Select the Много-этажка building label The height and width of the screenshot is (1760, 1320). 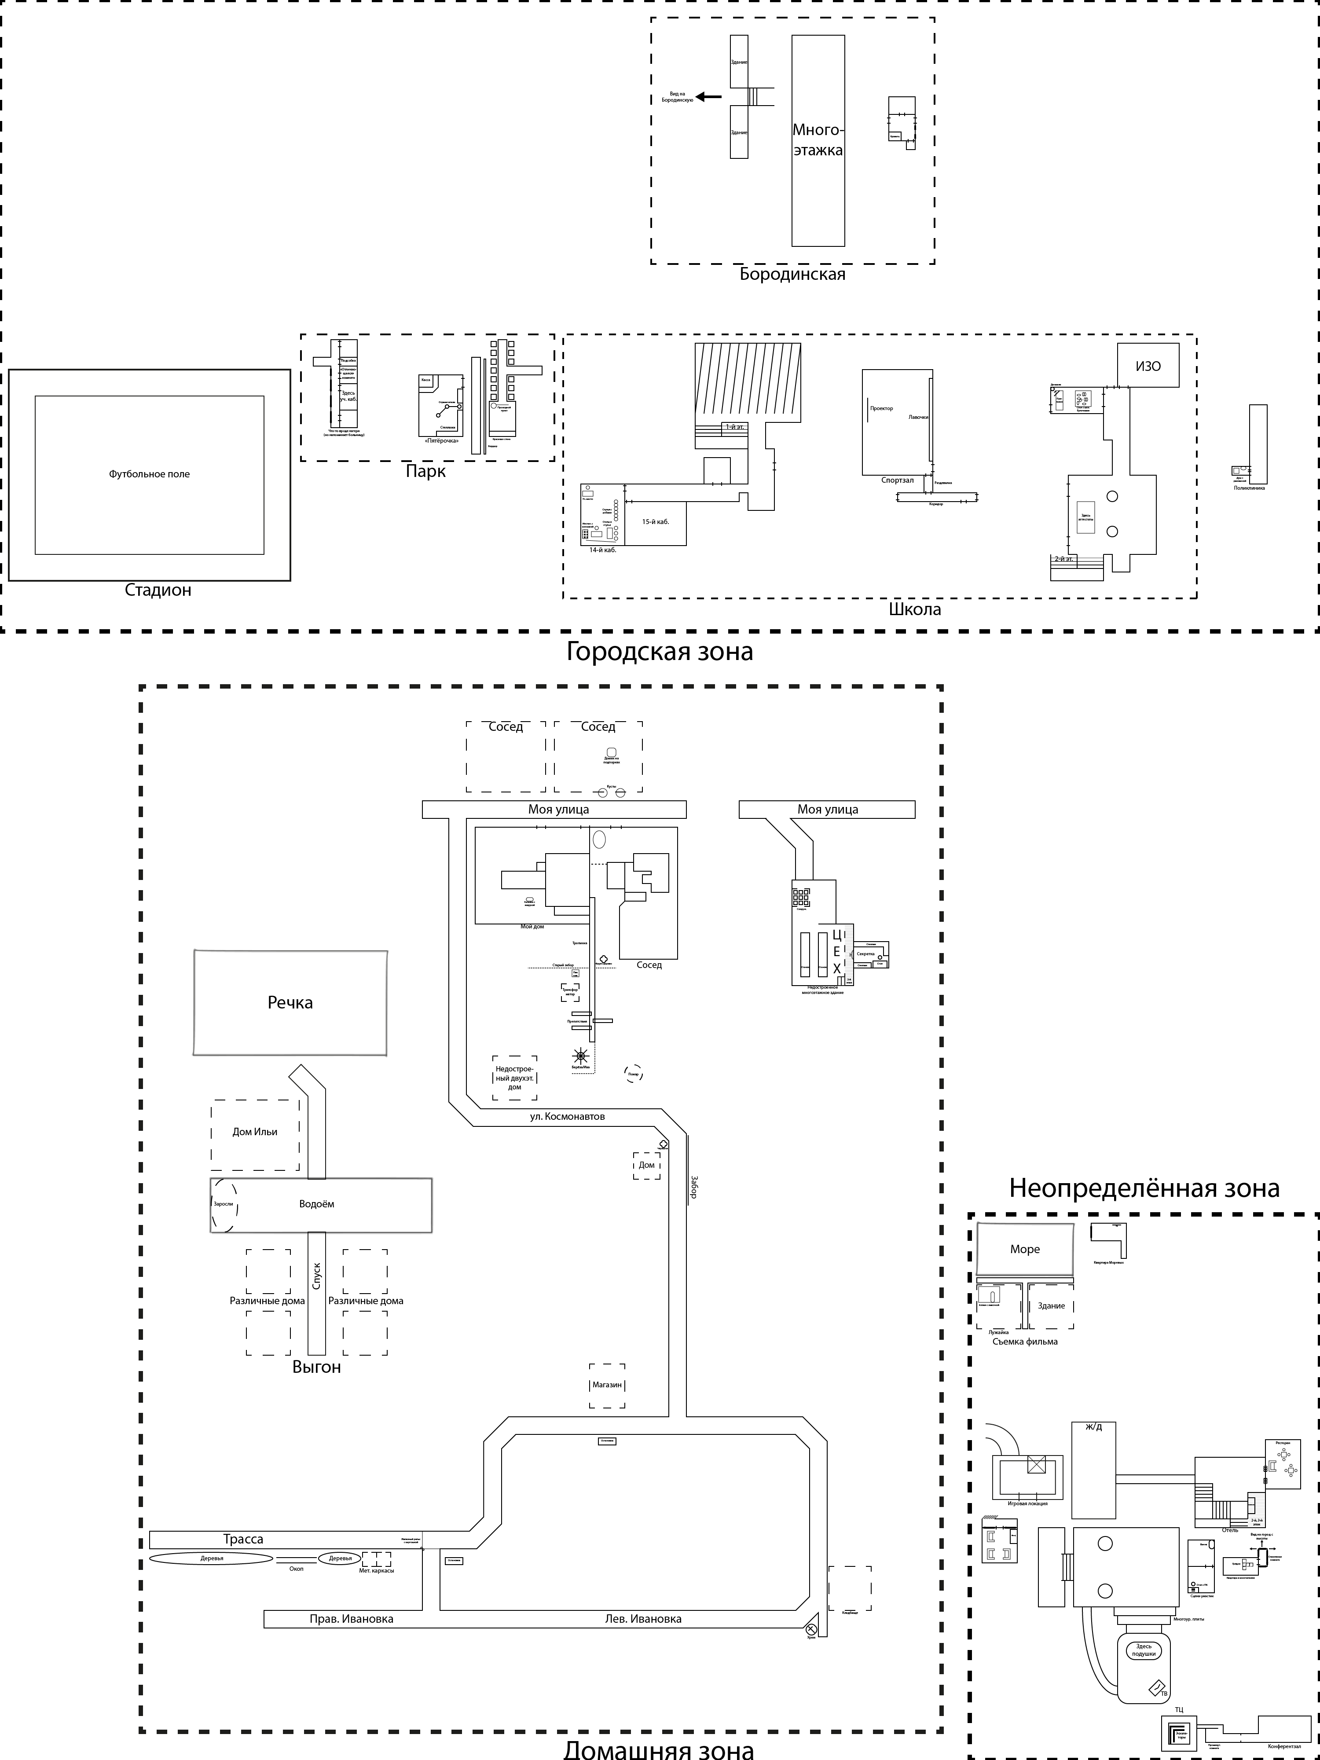pos(818,140)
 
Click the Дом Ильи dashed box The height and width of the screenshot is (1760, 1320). pos(255,1131)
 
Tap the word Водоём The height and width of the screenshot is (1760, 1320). pos(317,1204)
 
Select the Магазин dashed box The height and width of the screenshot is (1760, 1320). pos(607,1384)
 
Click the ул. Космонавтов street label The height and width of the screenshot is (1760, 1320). pos(567,1116)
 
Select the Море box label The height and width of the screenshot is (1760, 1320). pos(1025,1249)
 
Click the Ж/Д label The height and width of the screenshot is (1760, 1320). pos(1094,1426)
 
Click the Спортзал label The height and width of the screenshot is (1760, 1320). pos(897,480)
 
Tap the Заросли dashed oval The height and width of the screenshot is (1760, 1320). pos(224,1204)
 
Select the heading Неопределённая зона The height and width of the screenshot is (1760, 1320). pos(1144,1188)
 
